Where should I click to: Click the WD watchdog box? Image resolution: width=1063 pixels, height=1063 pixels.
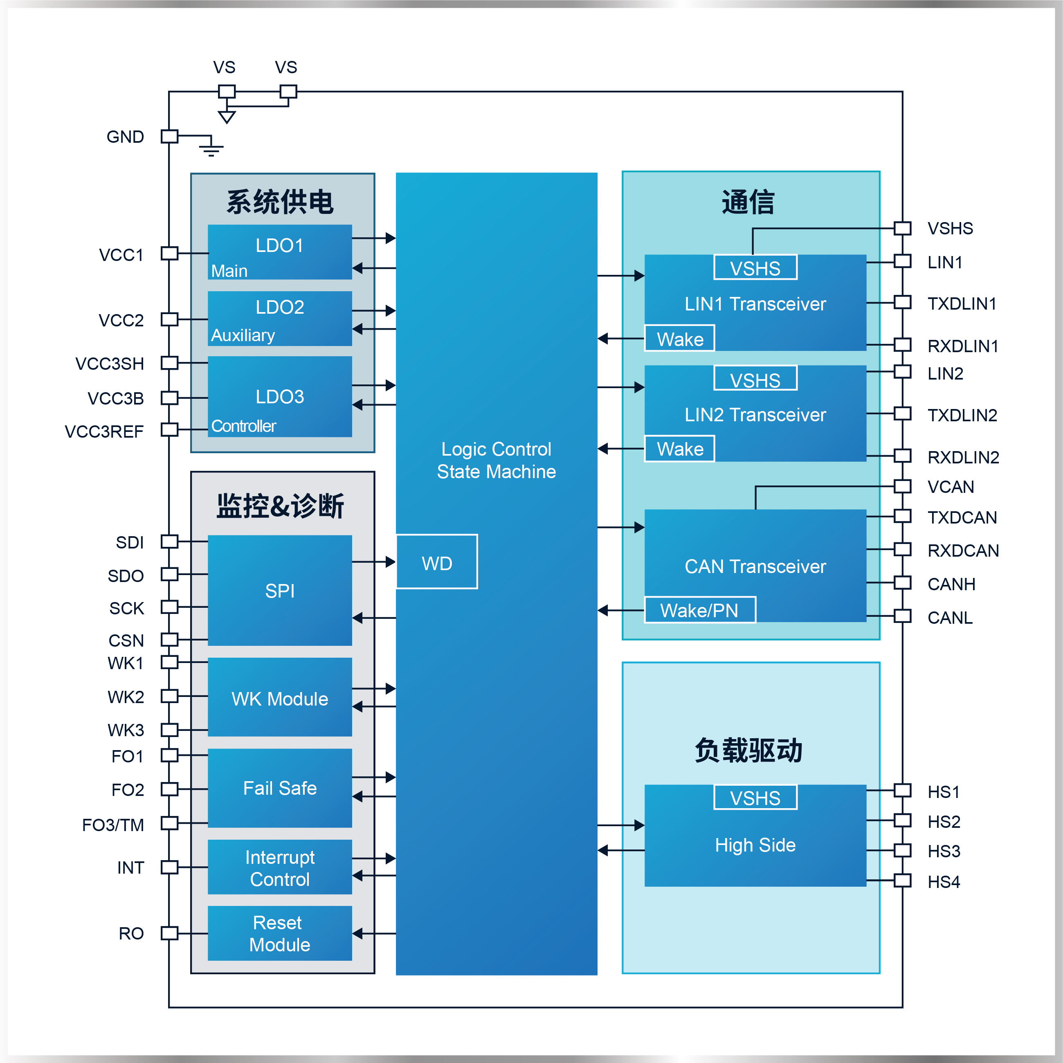pos(436,562)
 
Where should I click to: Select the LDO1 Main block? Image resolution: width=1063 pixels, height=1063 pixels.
pos(279,252)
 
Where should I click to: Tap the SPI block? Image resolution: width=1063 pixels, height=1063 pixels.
pos(279,590)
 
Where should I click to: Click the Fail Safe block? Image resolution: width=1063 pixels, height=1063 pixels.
pos(279,788)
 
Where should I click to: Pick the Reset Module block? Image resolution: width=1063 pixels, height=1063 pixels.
pos(279,933)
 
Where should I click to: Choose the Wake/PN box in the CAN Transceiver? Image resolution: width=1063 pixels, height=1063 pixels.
pos(699,610)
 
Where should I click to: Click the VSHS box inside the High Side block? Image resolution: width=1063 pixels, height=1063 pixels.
pos(755,797)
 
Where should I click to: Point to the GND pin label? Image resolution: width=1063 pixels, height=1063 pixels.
pos(125,137)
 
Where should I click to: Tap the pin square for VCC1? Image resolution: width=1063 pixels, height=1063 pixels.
pos(169,253)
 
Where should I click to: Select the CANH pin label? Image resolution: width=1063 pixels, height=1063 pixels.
pos(951,584)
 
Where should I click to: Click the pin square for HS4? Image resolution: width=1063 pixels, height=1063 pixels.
pos(902,880)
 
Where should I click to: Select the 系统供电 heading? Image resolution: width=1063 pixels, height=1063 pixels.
pos(279,202)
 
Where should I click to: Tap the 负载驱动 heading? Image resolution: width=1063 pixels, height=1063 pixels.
pos(749,751)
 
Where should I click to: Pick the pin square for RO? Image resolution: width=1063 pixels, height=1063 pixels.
pos(169,933)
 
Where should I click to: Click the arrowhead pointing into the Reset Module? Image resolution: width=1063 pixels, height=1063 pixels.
pos(357,933)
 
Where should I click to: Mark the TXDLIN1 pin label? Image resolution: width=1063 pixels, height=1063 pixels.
pos(962,303)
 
